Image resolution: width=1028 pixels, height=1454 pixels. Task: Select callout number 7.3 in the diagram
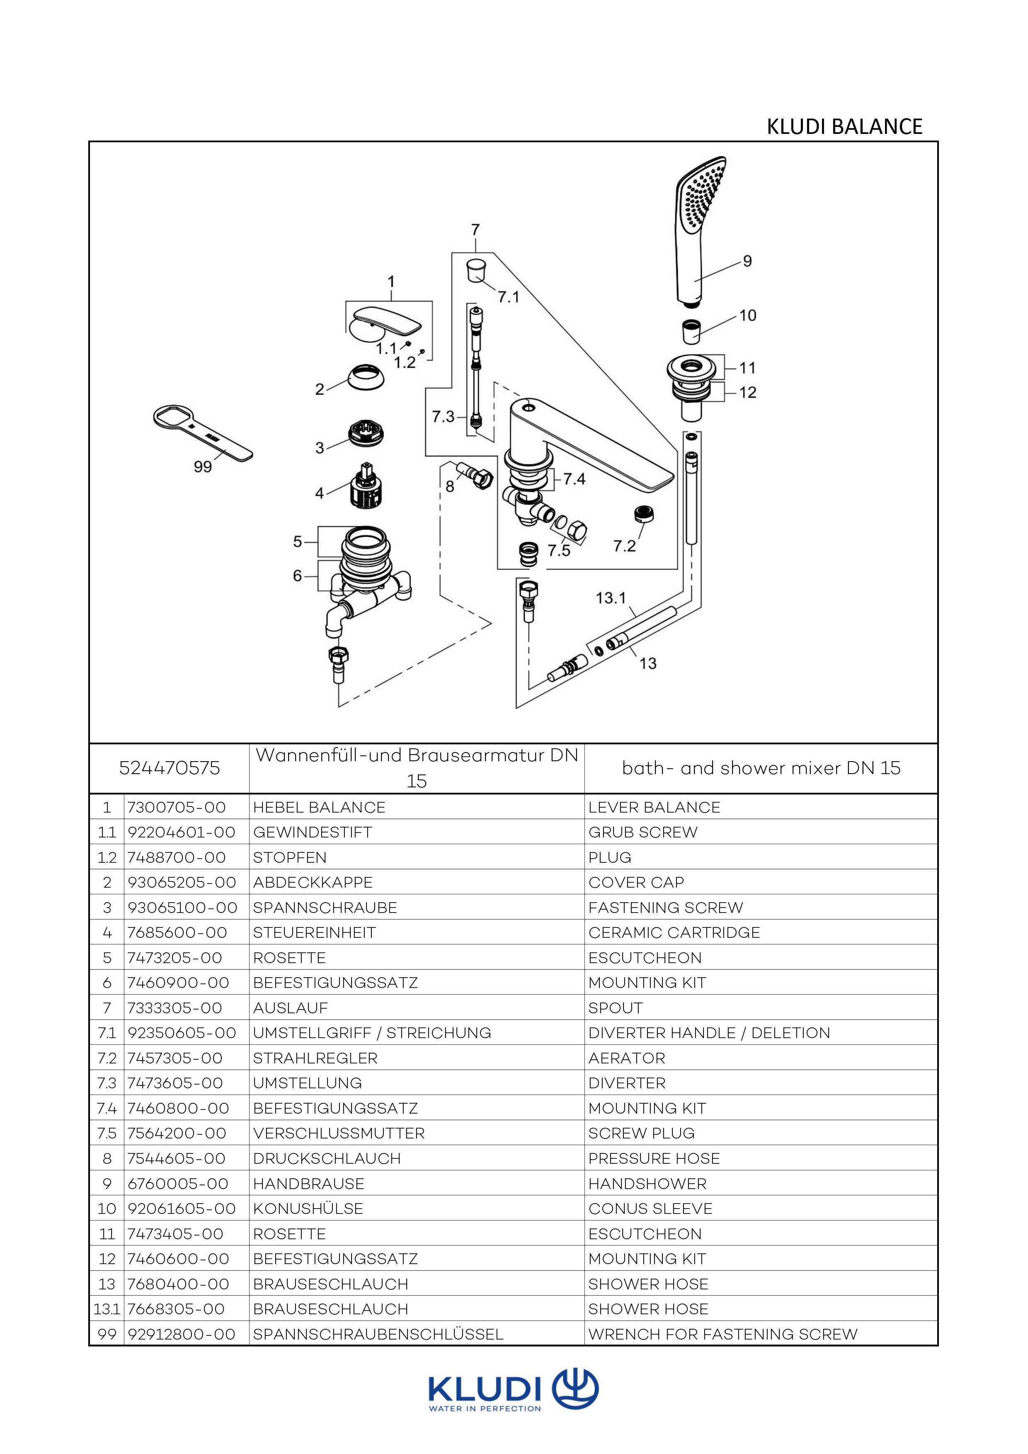(x=443, y=416)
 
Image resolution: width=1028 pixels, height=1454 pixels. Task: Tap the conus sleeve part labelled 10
(x=691, y=331)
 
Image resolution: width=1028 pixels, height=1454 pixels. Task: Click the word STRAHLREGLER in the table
(x=315, y=1058)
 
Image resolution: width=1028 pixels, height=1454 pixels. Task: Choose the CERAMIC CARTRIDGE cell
(x=674, y=932)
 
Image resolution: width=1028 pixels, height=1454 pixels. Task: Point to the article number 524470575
(x=170, y=768)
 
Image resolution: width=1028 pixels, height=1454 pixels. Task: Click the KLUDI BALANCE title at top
(x=844, y=126)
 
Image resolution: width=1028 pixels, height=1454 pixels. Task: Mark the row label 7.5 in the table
(x=107, y=1133)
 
